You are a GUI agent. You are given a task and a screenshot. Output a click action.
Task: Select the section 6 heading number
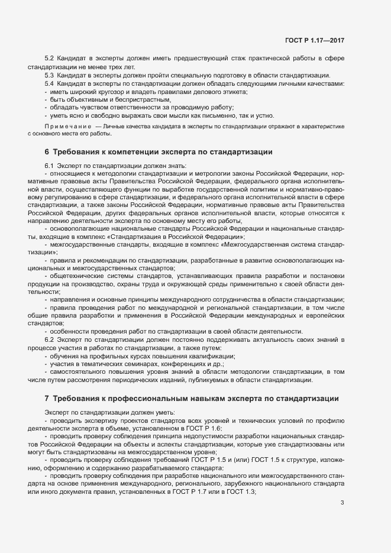click(47, 152)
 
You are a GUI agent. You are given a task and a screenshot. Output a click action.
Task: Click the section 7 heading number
click(47, 399)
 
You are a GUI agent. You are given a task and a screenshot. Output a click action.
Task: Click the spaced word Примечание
click(67, 127)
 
